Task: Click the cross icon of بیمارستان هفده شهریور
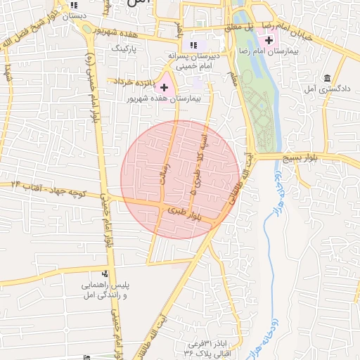(x=165, y=88)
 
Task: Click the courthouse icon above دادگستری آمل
(x=328, y=77)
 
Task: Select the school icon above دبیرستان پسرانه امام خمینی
(x=193, y=45)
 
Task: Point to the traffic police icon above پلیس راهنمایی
(x=105, y=274)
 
